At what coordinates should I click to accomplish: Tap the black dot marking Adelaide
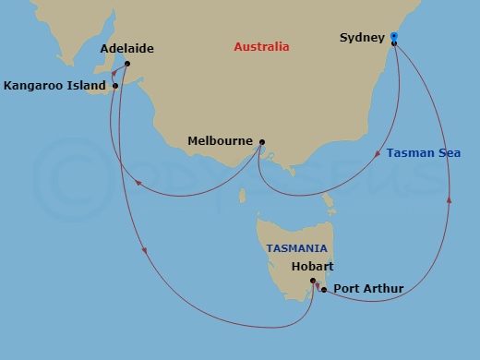[126, 64]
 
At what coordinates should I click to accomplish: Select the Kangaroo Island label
[54, 86]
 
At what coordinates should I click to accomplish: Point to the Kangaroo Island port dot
[115, 87]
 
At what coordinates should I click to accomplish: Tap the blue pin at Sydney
[394, 37]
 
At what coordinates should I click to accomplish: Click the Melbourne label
[220, 141]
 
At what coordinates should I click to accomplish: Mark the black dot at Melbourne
[262, 142]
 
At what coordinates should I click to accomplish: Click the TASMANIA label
[297, 248]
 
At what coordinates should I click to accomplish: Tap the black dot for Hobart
[313, 281]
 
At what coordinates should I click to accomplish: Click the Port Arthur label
[368, 289]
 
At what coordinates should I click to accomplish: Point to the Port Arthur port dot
[324, 290]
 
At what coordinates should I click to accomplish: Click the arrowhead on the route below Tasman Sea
[450, 198]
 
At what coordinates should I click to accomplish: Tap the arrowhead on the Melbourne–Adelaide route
[138, 182]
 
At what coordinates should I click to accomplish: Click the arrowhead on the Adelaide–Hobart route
[144, 249]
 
